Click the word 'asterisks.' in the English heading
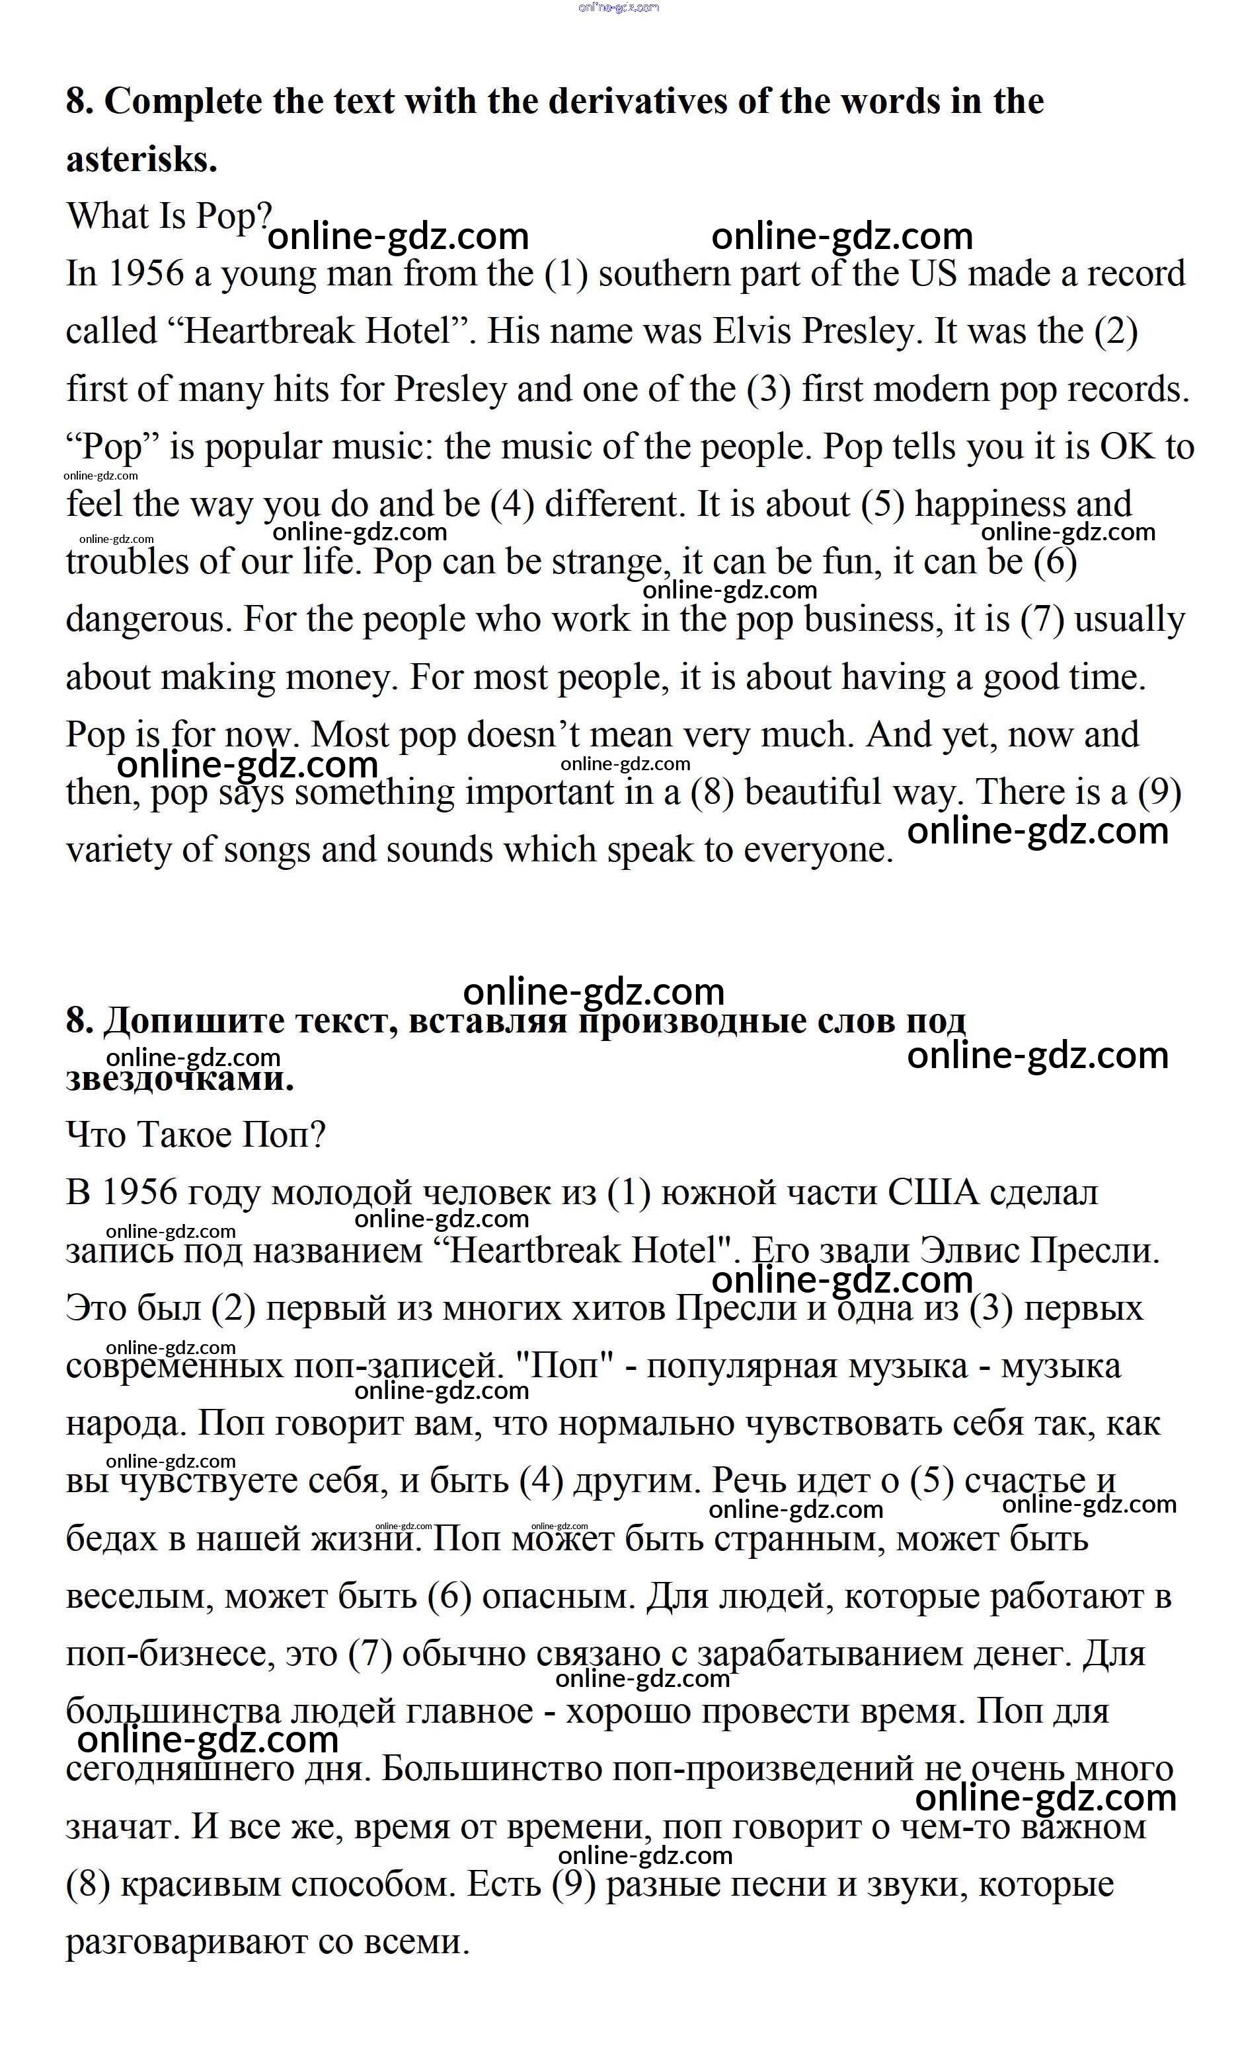[141, 159]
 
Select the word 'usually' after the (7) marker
[1129, 619]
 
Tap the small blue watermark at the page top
[619, 7]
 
